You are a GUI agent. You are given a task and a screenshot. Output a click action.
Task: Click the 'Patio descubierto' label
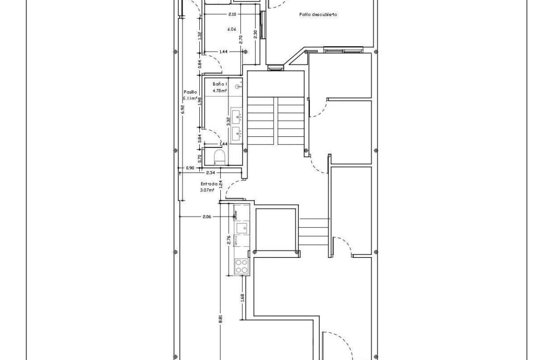point(318,15)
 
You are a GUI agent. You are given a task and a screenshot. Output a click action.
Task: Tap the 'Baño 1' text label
point(219,84)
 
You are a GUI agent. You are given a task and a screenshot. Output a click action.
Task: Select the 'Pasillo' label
point(190,92)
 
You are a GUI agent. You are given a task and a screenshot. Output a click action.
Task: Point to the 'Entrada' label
point(209,183)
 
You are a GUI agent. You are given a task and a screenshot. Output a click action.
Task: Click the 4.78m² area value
point(219,91)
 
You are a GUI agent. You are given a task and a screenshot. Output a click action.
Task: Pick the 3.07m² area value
point(207,190)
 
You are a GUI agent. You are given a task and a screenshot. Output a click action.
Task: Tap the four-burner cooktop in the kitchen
point(242,266)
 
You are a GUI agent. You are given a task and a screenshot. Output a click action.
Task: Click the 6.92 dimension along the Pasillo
point(183,109)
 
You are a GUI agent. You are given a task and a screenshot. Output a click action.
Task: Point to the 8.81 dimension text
point(220,319)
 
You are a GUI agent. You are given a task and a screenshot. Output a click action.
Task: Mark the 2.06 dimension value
point(207,217)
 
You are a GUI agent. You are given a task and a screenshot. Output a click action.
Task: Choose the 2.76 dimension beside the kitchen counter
point(229,240)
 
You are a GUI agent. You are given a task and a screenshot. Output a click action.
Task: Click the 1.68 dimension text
point(242,297)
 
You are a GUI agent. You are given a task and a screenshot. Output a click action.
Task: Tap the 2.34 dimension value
point(210,173)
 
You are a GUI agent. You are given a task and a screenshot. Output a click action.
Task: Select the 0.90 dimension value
point(190,168)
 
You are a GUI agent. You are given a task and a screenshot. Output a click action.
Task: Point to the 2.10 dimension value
point(232,15)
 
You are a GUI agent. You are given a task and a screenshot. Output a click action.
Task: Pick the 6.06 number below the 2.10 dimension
point(231,30)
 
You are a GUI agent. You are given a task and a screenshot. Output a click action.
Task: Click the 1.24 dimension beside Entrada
point(220,184)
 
